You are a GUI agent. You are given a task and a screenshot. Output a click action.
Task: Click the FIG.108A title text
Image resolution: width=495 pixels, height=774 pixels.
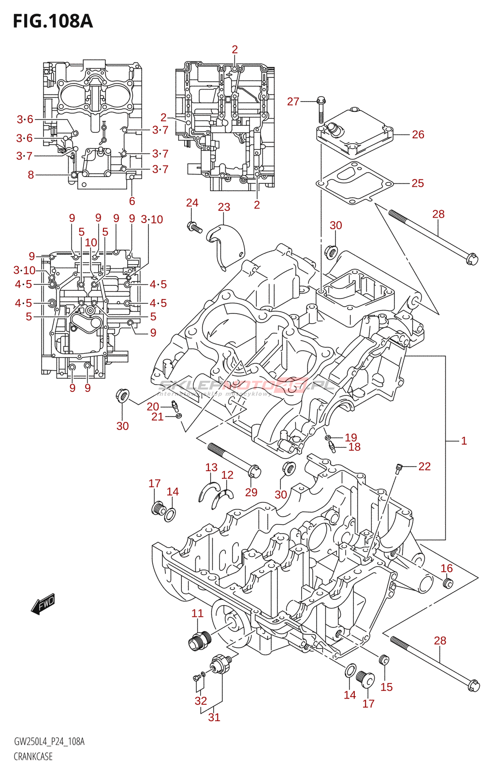point(52,21)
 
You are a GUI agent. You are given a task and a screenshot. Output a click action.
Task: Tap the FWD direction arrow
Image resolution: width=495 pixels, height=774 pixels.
point(43,604)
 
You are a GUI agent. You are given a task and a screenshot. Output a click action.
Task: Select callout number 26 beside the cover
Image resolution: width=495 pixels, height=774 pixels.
point(418,134)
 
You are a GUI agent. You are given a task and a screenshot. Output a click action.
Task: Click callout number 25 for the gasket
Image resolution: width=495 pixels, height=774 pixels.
point(418,183)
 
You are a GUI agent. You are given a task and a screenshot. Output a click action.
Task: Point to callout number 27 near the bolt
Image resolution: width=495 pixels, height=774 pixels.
point(293,102)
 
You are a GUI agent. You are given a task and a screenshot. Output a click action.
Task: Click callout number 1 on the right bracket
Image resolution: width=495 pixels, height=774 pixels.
point(464,441)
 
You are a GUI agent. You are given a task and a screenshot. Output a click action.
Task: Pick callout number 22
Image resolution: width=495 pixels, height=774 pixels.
point(424,466)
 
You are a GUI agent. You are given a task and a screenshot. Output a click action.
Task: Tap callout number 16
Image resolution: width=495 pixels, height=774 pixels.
point(447,568)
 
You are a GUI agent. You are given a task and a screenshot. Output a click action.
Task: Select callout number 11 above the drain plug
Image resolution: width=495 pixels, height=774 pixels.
point(198,613)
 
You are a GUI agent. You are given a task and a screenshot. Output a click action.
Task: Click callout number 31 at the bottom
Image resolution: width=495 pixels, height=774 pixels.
point(214,717)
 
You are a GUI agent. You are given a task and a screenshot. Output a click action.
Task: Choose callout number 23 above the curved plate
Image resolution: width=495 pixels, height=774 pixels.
point(224,207)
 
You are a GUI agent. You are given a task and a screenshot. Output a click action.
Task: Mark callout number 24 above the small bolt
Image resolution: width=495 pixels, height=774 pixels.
point(192,203)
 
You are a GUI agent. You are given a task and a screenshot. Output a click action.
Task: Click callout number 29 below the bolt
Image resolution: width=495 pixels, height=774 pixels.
point(251,492)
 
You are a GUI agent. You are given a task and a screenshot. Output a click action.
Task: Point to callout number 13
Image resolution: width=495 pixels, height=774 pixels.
point(211,467)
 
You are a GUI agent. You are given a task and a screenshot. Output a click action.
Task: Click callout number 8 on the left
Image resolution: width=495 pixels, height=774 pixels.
point(31,175)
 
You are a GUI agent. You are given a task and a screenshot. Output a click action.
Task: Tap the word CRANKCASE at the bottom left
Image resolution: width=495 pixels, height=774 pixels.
point(33,757)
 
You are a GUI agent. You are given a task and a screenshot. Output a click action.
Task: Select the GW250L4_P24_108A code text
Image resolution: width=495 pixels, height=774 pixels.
point(49,742)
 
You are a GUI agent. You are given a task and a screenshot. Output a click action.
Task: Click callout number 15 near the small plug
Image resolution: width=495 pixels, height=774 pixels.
point(387,687)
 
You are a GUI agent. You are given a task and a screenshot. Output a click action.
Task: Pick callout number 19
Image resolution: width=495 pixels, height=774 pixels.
point(351,437)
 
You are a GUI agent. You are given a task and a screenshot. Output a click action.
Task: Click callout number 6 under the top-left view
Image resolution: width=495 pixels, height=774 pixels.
point(132,201)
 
